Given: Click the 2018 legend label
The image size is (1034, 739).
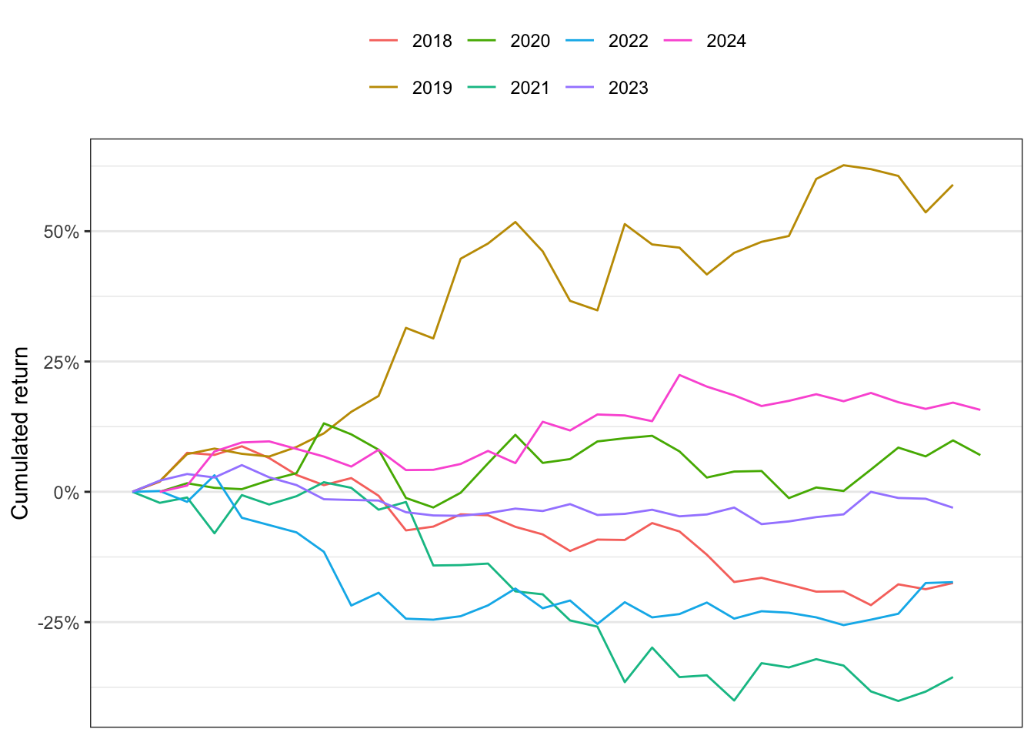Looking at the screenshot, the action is pyautogui.click(x=432, y=41).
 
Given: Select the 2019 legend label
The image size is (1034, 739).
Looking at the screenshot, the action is pyautogui.click(x=432, y=88).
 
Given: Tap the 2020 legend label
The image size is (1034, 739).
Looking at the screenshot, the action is pyautogui.click(x=530, y=41).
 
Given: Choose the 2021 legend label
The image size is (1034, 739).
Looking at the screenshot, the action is pyautogui.click(x=530, y=88).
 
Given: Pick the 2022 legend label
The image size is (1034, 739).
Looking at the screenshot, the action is pyautogui.click(x=629, y=41).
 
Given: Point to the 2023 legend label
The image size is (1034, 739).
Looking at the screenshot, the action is pyautogui.click(x=629, y=88).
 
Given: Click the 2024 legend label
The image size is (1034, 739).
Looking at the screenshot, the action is pyautogui.click(x=726, y=41).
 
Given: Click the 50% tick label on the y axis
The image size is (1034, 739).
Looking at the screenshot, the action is pyautogui.click(x=62, y=232).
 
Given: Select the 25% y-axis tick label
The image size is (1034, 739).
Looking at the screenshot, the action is pyautogui.click(x=62, y=363).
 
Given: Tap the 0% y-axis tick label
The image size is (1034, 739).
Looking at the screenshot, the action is pyautogui.click(x=66, y=493).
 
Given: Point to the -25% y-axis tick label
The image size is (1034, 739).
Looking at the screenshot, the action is pyautogui.click(x=58, y=623).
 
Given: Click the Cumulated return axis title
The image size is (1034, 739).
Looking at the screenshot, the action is pyautogui.click(x=19, y=433).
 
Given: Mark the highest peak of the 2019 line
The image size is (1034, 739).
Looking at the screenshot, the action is pyautogui.click(x=844, y=165).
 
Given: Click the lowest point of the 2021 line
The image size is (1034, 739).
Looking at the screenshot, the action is pyautogui.click(x=899, y=701).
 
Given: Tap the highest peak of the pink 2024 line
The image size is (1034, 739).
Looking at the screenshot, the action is pyautogui.click(x=679, y=375).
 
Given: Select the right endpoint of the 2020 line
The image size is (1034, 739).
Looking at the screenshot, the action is pyautogui.click(x=979, y=455).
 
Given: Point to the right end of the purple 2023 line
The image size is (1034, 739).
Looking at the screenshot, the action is pyautogui.click(x=952, y=507).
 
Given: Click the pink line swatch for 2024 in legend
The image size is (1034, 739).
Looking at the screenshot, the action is pyautogui.click(x=678, y=41).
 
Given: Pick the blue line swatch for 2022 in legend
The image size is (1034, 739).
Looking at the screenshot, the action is pyautogui.click(x=580, y=41).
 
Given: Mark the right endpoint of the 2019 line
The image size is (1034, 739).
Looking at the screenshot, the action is pyautogui.click(x=952, y=186).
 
